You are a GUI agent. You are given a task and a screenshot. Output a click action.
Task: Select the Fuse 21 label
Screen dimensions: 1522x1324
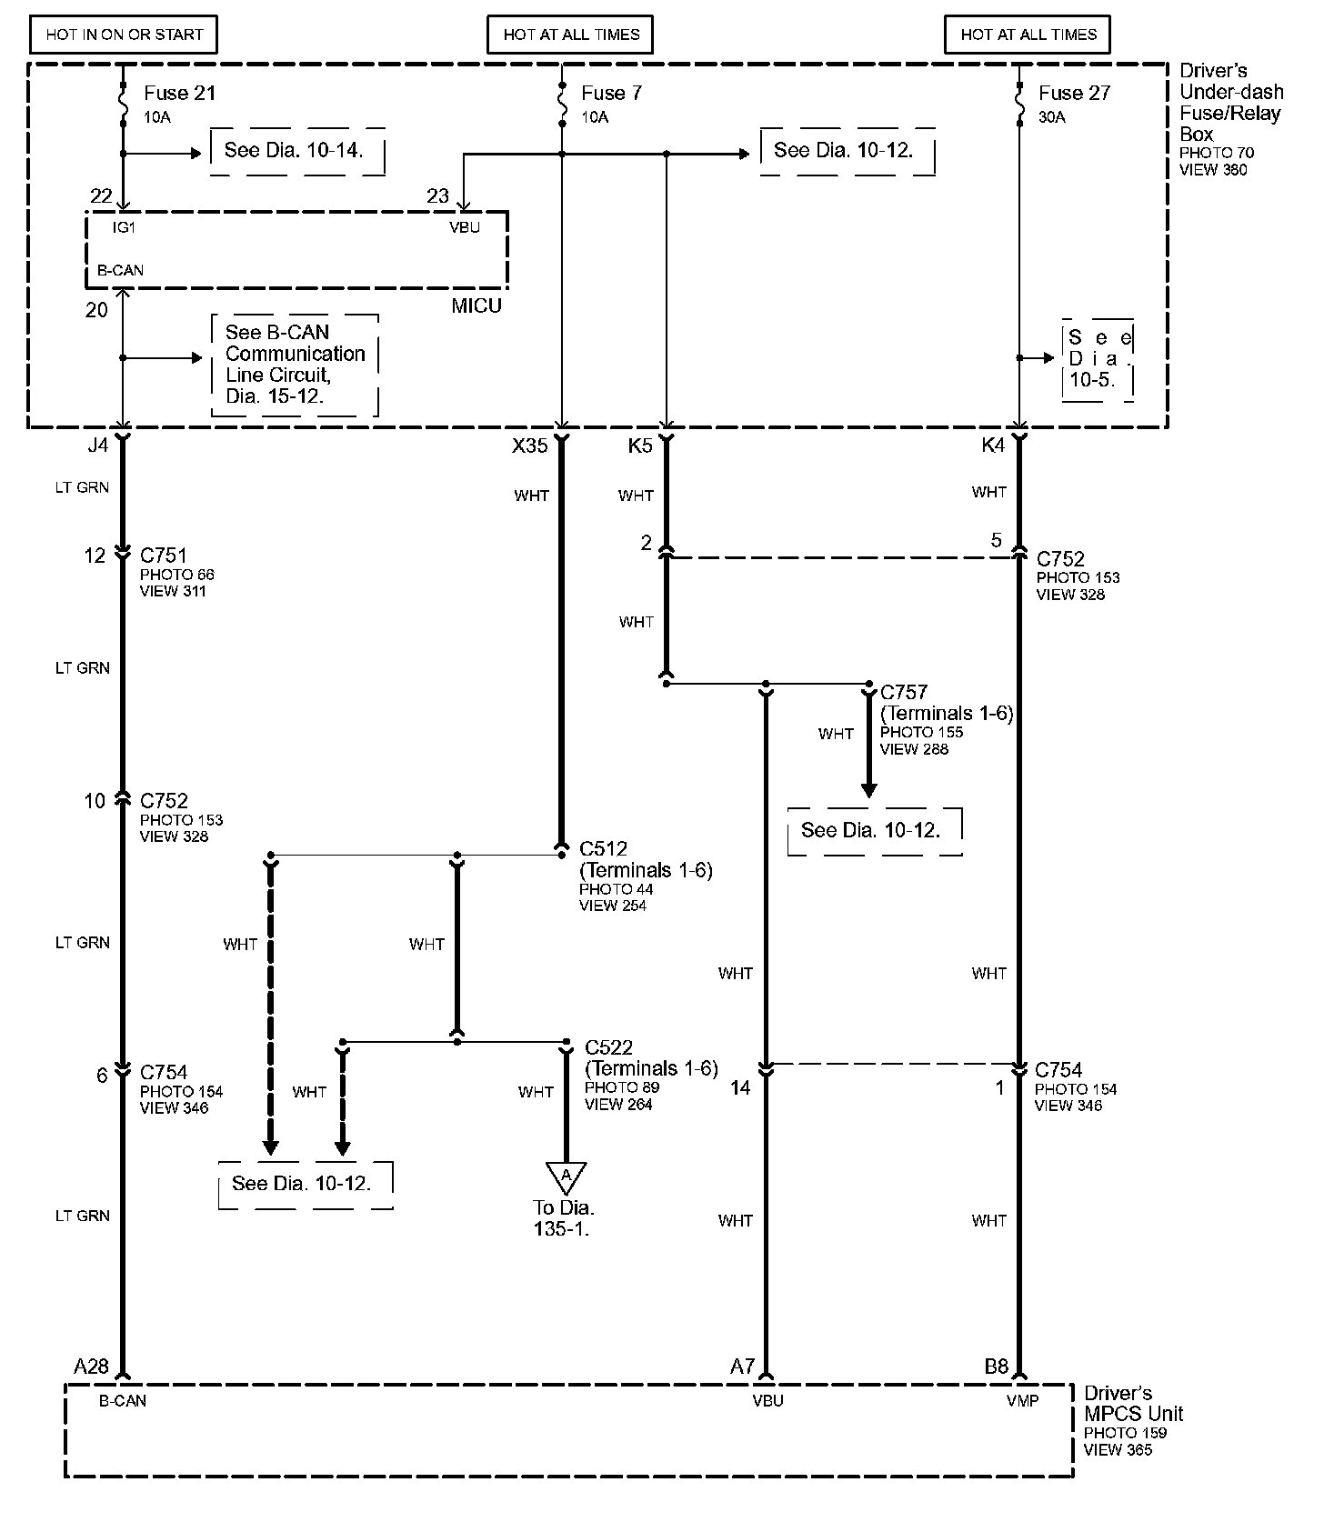(179, 93)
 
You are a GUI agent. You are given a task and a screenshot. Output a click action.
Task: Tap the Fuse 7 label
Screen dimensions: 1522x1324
(611, 93)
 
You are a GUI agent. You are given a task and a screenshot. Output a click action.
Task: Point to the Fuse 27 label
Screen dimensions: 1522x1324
(1074, 93)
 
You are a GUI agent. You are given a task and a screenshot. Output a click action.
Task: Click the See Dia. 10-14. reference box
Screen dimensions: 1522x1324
(295, 150)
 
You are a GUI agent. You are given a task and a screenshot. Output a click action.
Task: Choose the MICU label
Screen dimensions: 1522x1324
(476, 306)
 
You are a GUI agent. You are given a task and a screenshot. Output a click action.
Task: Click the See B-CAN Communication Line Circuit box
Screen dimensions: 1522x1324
(295, 365)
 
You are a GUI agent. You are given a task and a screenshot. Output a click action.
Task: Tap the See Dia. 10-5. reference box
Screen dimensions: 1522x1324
(1098, 359)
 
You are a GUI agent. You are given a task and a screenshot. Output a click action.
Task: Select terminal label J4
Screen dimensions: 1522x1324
(97, 446)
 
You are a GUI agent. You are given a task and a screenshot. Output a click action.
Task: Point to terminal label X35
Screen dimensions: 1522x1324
(530, 446)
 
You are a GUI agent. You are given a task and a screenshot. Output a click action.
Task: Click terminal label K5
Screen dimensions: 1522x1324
(640, 446)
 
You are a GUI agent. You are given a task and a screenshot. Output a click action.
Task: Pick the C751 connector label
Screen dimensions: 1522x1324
(164, 556)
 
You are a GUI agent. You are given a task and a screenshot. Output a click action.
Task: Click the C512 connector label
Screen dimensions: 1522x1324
(604, 849)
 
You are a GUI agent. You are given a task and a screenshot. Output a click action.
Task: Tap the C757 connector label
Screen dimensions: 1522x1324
(904, 692)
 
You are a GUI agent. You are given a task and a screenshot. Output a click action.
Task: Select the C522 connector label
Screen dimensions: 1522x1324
(609, 1047)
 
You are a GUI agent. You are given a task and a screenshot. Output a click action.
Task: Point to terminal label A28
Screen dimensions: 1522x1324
(91, 1366)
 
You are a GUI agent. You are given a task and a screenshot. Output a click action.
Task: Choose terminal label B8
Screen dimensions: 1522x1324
(996, 1366)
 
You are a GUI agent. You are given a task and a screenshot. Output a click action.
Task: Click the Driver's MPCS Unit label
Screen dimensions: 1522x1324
(1133, 1404)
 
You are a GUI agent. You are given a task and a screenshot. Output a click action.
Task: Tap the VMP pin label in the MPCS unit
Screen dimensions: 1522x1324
(1022, 1401)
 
